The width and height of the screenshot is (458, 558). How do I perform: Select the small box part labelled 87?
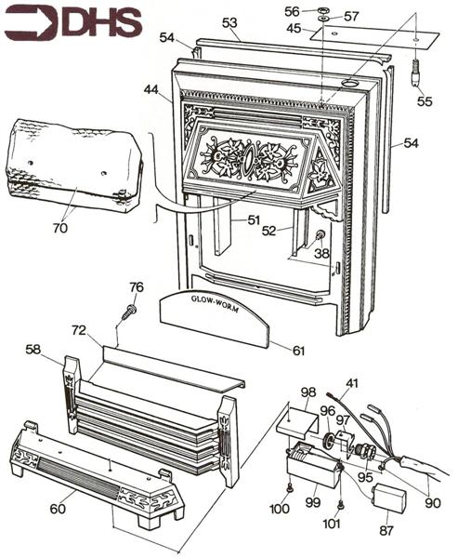(x=388, y=503)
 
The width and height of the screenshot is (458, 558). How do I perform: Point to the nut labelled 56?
(x=321, y=11)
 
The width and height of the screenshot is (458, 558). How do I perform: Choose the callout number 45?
(x=294, y=28)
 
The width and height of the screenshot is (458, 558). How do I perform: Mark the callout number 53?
(x=229, y=20)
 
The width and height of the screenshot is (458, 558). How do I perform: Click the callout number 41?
(x=352, y=381)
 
